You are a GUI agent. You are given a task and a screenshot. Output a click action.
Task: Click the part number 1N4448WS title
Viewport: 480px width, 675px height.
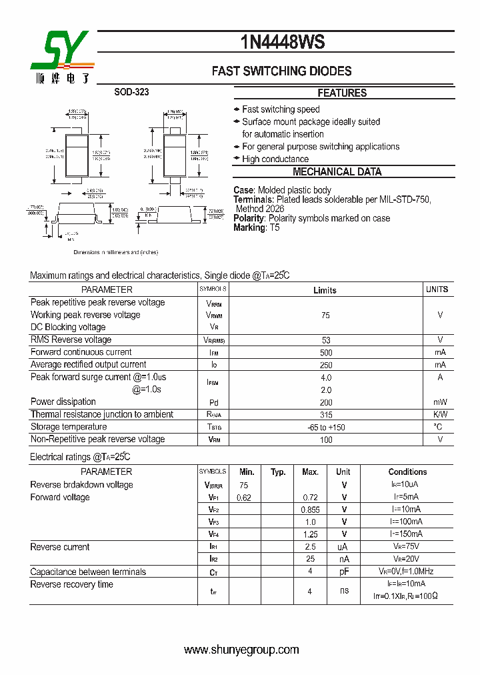(283, 43)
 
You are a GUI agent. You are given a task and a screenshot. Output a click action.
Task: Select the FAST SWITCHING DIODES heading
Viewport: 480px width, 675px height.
(281, 71)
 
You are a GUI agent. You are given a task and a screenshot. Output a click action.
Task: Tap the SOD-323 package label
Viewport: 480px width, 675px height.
(131, 93)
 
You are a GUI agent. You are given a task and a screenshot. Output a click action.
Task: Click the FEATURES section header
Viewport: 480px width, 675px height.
(342, 93)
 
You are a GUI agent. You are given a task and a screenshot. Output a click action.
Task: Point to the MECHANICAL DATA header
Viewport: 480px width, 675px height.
(337, 172)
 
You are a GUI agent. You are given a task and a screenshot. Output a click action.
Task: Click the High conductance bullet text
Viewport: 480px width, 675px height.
(275, 159)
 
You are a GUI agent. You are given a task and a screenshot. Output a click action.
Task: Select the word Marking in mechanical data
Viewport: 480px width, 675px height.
(249, 227)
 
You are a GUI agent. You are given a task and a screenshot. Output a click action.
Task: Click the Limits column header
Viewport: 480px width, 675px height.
(325, 290)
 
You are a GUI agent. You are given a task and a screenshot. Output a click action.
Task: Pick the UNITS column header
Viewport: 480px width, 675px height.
(437, 289)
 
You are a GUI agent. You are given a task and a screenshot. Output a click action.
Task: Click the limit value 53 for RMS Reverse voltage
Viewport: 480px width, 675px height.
(326, 340)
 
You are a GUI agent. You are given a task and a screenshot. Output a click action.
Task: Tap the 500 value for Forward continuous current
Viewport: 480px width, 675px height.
(326, 352)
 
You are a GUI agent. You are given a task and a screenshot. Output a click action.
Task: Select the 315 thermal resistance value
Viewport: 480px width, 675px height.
(326, 415)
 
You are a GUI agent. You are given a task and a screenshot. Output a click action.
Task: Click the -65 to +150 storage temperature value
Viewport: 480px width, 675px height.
(326, 428)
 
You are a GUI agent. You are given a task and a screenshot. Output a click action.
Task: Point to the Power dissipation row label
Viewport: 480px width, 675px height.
(63, 402)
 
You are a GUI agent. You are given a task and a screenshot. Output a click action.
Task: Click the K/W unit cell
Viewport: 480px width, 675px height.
(440, 415)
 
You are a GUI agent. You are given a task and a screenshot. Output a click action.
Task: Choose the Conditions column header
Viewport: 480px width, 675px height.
(407, 472)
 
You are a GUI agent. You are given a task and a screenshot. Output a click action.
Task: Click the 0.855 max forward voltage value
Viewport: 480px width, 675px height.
(310, 510)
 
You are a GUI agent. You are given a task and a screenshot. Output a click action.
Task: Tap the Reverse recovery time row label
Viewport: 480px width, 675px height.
(72, 585)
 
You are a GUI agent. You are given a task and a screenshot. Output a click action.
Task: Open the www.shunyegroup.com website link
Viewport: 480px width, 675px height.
(241, 650)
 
